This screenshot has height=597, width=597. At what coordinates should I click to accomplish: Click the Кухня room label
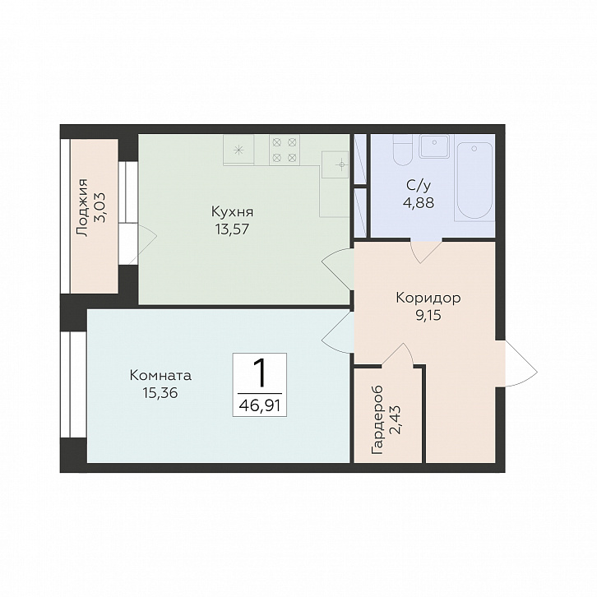[232, 211]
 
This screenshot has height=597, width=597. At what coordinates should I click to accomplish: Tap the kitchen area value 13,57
[232, 229]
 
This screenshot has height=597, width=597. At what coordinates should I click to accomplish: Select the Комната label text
[160, 376]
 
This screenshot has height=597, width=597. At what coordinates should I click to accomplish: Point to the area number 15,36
[160, 392]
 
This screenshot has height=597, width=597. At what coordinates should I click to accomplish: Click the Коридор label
[428, 298]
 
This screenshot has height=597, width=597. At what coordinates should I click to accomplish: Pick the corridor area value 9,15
[428, 315]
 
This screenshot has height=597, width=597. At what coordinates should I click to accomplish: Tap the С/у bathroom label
[419, 185]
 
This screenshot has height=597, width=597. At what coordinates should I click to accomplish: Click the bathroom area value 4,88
[419, 202]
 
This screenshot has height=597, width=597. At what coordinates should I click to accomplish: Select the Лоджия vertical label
[81, 207]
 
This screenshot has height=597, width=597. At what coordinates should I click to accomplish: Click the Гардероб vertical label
[377, 420]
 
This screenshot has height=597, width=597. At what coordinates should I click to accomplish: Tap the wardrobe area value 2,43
[396, 420]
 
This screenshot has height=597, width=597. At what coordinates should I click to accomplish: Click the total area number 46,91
[260, 406]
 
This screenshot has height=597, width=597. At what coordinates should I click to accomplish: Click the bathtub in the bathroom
[474, 181]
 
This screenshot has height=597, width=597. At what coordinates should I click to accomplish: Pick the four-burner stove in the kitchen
[285, 150]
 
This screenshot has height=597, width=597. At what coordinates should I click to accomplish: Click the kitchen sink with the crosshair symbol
[335, 164]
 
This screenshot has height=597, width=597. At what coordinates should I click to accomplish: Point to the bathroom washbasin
[434, 146]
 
